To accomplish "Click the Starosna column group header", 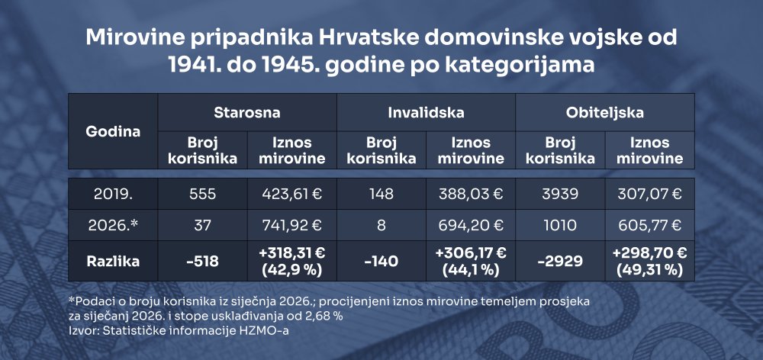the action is [247, 112].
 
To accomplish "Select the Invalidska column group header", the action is [426, 112].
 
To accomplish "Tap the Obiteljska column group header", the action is [605, 112].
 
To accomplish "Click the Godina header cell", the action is [113, 131].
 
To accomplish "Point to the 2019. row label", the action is [113, 194].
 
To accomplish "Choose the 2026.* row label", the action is [113, 225].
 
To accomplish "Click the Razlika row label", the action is [113, 262].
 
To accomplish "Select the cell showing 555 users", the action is [202, 194].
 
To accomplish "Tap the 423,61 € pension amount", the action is [292, 194].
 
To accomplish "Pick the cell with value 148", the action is [381, 194].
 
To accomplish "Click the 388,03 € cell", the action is [471, 194].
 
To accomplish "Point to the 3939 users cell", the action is [560, 194].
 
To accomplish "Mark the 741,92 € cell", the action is [292, 225].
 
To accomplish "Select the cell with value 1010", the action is [560, 225].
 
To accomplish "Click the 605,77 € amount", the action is [649, 225].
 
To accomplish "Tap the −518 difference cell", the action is [202, 262].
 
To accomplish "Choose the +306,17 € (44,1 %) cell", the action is [471, 262].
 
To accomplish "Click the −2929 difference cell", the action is [560, 262].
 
